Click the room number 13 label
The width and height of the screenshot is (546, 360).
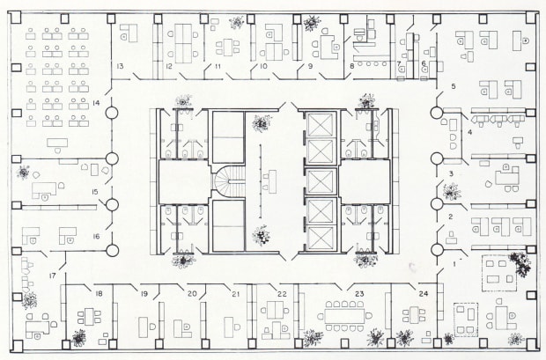[x=117, y=67]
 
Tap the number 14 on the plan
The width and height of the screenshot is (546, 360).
[x=97, y=104]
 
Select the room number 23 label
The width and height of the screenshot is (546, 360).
[x=359, y=293]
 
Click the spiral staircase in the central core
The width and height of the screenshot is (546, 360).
[x=226, y=182]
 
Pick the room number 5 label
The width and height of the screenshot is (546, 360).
[x=453, y=86]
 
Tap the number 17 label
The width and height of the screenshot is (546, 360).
[x=53, y=276]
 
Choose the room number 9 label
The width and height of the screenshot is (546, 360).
[x=309, y=66]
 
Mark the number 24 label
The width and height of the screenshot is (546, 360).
[x=424, y=293]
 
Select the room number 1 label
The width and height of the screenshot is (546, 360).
[x=455, y=261]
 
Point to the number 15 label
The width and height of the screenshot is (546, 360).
[x=94, y=192]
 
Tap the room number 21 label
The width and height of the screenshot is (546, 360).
[x=235, y=293]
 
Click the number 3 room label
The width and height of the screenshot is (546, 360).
[x=451, y=175]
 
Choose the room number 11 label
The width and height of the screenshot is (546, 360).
[x=217, y=66]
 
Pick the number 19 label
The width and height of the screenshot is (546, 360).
[x=144, y=293]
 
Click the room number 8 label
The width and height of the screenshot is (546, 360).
[x=350, y=66]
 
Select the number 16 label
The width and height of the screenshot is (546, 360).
[x=96, y=237]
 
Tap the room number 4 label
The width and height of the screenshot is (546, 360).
[x=469, y=132]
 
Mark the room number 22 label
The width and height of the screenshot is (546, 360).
[x=282, y=293]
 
